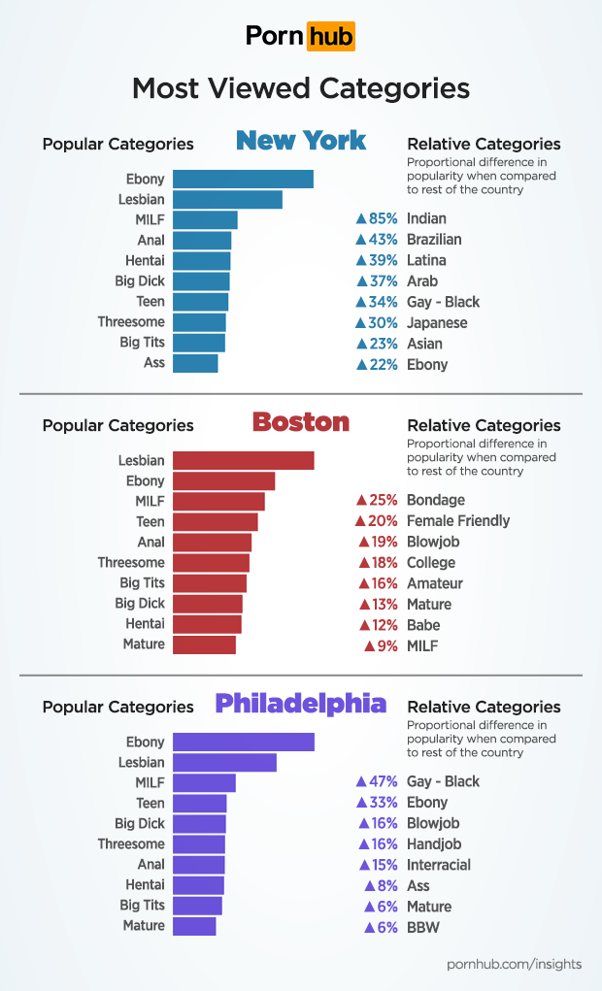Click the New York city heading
[x=301, y=141]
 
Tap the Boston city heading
[x=301, y=422]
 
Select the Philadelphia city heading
[x=301, y=704]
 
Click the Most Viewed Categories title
[x=301, y=88]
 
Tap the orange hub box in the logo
[x=330, y=37]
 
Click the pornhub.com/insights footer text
[x=514, y=964]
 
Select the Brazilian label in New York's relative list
[x=434, y=240]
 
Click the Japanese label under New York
[x=437, y=323]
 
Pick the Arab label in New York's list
[x=422, y=281]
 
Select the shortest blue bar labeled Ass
[x=195, y=363]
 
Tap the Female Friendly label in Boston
[x=458, y=521]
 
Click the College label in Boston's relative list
[x=431, y=563]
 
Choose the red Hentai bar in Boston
[x=207, y=624]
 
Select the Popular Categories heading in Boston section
[x=117, y=425]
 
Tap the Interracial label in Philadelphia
[x=439, y=865]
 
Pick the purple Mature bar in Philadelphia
[x=194, y=926]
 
